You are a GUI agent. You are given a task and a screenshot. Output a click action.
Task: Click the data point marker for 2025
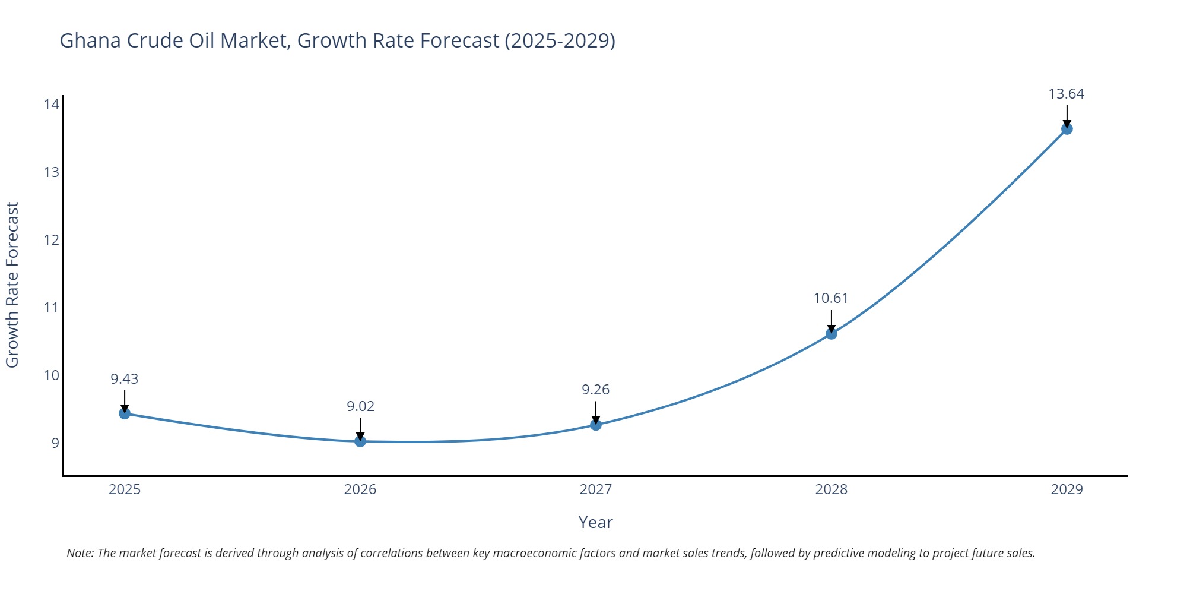pyautogui.click(x=125, y=413)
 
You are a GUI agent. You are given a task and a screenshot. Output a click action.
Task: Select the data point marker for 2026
pyautogui.click(x=360, y=441)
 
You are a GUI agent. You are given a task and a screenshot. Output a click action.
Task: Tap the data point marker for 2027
pyautogui.click(x=596, y=425)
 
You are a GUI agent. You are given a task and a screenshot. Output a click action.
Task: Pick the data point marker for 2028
pyautogui.click(x=831, y=334)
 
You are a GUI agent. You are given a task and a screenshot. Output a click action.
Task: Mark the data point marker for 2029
pyautogui.click(x=1067, y=129)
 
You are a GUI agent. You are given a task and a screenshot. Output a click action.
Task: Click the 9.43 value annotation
pyautogui.click(x=125, y=379)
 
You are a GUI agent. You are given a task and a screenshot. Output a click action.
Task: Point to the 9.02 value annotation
pyautogui.click(x=360, y=406)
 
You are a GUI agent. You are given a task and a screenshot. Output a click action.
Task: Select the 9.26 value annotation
pyautogui.click(x=595, y=390)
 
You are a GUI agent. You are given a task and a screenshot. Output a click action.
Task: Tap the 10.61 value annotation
pyautogui.click(x=831, y=298)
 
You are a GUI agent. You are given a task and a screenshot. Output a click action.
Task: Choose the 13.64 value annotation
pyautogui.click(x=1066, y=94)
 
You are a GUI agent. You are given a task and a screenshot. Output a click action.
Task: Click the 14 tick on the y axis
pyautogui.click(x=52, y=105)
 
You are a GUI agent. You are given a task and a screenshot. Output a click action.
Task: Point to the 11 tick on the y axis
pyautogui.click(x=52, y=308)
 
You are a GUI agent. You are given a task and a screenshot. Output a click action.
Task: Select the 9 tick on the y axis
pyautogui.click(x=55, y=443)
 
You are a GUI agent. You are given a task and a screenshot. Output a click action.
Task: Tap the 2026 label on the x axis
pyautogui.click(x=360, y=489)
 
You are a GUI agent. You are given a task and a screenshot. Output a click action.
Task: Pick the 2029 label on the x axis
pyautogui.click(x=1067, y=489)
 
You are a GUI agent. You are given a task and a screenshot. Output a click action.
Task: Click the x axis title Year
pyautogui.click(x=595, y=523)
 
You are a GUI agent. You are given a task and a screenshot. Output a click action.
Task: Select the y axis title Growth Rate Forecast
pyautogui.click(x=12, y=285)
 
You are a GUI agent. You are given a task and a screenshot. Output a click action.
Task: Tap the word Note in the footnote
pyautogui.click(x=80, y=553)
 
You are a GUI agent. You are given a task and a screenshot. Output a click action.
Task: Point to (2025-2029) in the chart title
pyautogui.click(x=560, y=40)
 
